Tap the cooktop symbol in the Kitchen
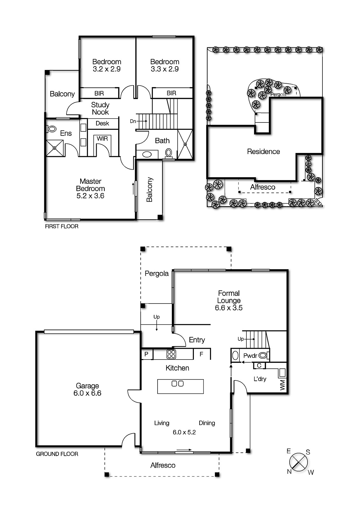tap(171, 354)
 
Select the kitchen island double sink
tap(178, 384)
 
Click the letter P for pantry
tap(146, 354)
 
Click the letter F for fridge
tap(201, 354)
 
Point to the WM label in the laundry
tap(282, 386)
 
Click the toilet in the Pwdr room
tap(263, 355)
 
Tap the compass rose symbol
tap(299, 462)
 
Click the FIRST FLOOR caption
tap(61, 227)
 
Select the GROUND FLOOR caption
tap(57, 454)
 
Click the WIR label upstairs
tap(102, 139)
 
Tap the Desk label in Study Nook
tap(102, 123)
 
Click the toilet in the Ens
tap(52, 129)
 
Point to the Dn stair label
tap(133, 121)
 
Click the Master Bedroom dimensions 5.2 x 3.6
tap(90, 196)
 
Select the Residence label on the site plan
tap(263, 152)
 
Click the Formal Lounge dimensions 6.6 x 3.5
tap(229, 308)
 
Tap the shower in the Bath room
tap(185, 144)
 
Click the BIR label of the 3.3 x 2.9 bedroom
tap(171, 93)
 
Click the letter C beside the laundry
tap(259, 366)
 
